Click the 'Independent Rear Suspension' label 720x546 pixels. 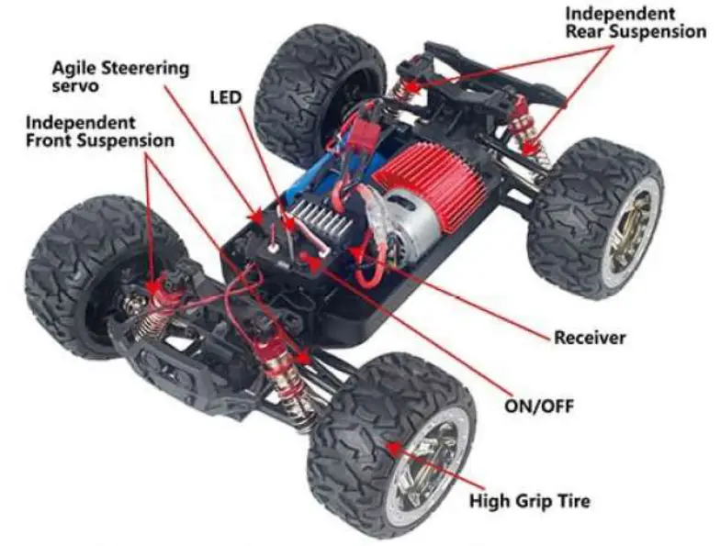pyautogui.click(x=635, y=23)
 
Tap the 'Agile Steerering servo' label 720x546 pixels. pyautogui.click(x=120, y=76)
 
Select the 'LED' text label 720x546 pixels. pyautogui.click(x=226, y=95)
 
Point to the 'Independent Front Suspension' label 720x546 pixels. pyautogui.click(x=99, y=131)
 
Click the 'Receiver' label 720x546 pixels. pyautogui.click(x=589, y=338)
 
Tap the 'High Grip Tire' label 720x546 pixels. pyautogui.click(x=529, y=501)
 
